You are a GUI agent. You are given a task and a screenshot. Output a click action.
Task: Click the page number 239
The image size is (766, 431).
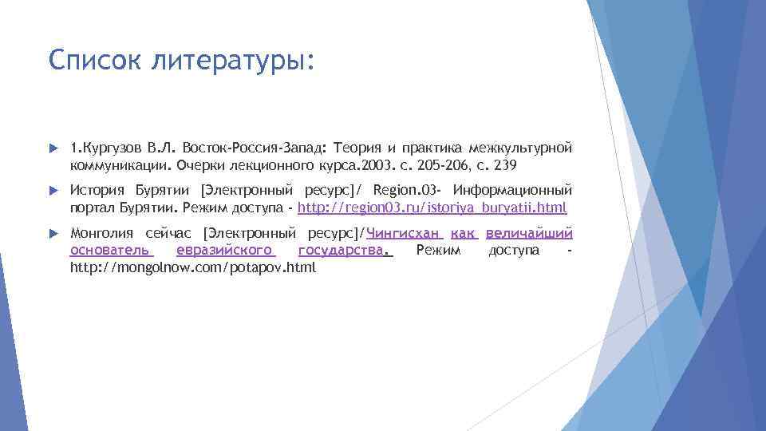click(504, 166)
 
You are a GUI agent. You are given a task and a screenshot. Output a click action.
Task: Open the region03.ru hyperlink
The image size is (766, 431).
click(432, 208)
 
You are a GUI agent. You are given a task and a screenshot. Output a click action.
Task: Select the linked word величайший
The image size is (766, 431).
click(529, 234)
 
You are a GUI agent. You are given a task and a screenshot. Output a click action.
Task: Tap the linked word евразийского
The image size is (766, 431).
click(226, 251)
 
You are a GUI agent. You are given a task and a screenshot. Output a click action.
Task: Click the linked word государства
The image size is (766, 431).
click(345, 251)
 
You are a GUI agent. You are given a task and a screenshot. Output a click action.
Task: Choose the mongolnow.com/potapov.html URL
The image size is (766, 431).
click(193, 268)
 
